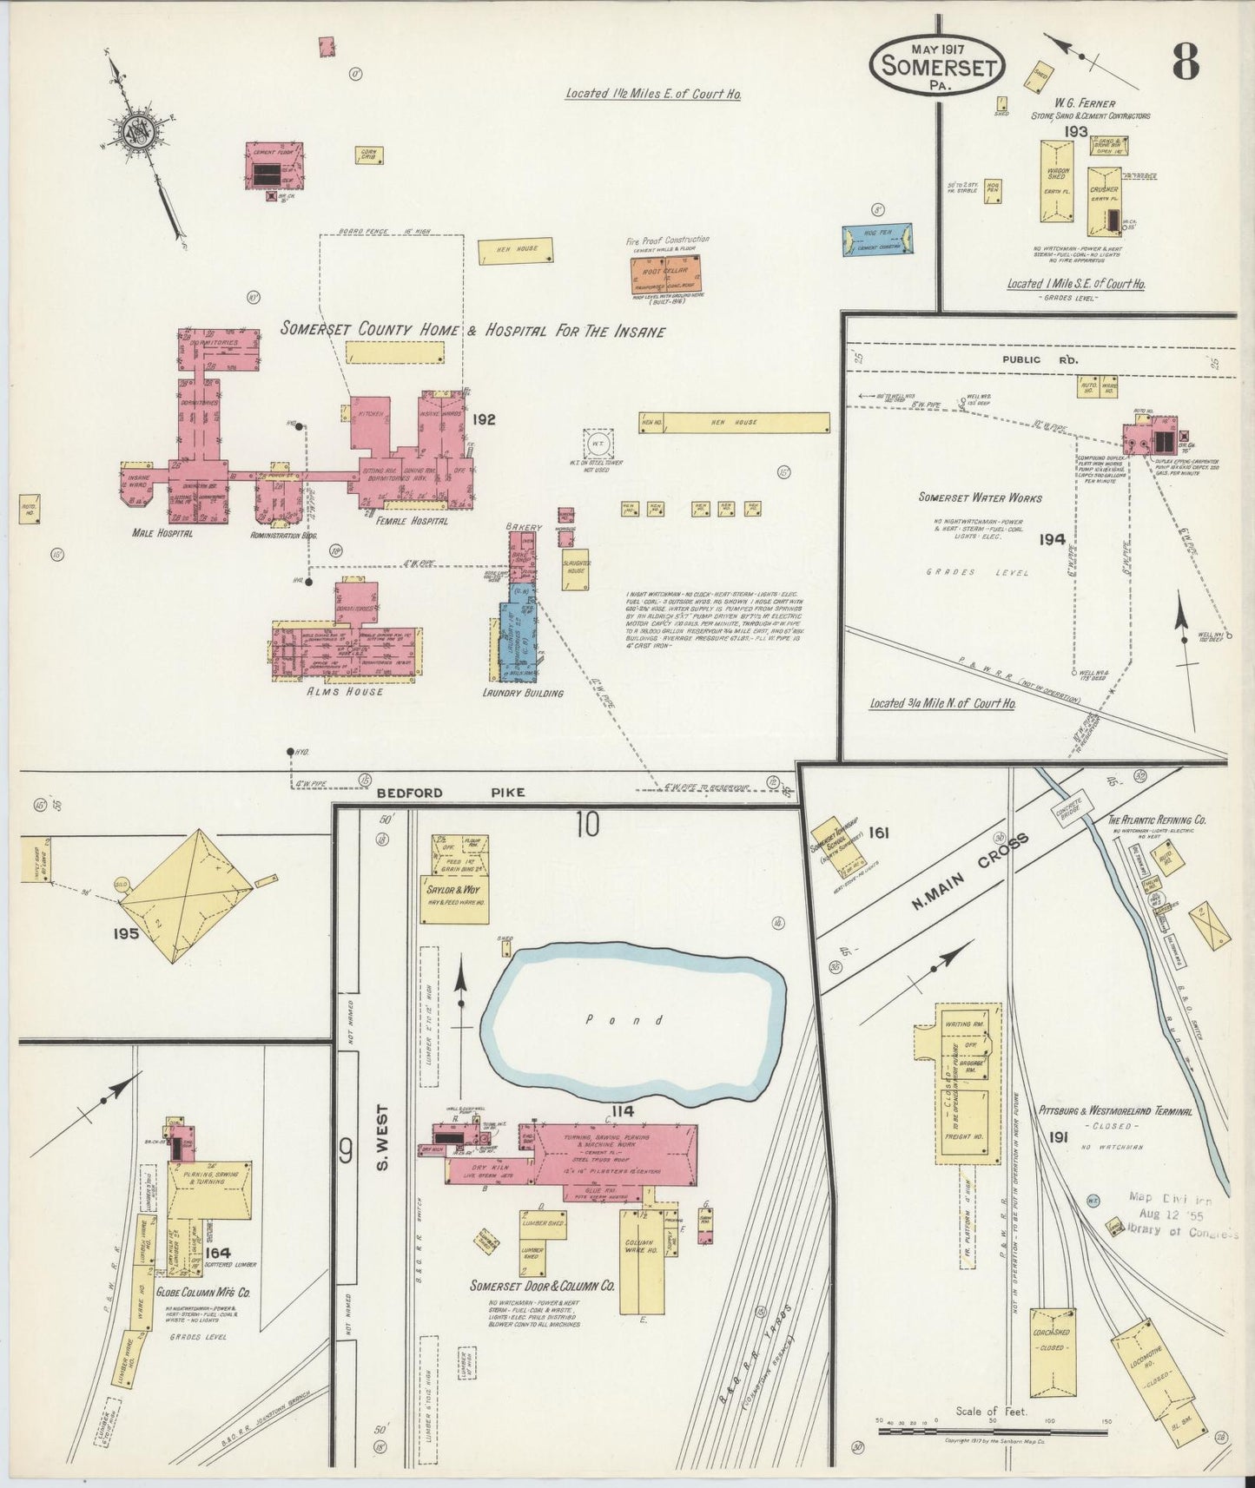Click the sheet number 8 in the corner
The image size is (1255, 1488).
pos(1186,60)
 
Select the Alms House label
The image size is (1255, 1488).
pos(347,691)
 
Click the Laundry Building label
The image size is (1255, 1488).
pos(522,693)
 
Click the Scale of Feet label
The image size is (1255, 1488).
pos(991,1411)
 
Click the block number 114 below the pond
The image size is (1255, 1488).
pos(622,1111)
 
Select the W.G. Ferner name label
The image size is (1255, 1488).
pos(1086,104)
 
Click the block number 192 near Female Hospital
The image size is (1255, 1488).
pos(484,419)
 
